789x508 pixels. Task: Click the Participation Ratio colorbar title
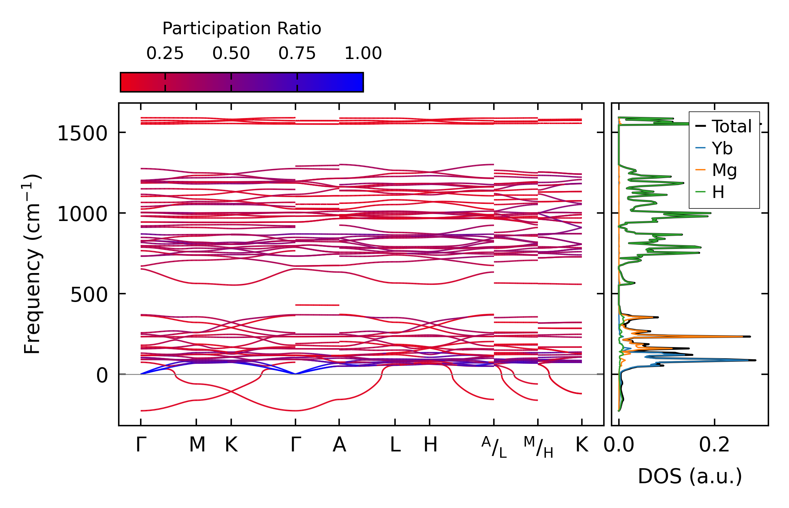(242, 29)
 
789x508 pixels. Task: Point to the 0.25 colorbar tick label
(165, 53)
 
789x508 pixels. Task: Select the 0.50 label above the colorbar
(231, 53)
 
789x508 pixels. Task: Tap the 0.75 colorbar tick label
(297, 53)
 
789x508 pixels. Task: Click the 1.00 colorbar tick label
(363, 53)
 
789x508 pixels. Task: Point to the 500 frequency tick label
(89, 295)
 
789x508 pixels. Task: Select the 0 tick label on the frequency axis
(102, 376)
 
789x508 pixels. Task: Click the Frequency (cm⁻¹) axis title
(32, 264)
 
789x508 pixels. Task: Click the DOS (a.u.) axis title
(690, 476)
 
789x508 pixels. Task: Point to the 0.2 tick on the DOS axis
(714, 445)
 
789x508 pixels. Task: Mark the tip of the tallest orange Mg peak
(743, 337)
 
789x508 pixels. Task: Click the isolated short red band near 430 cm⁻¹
(317, 305)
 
